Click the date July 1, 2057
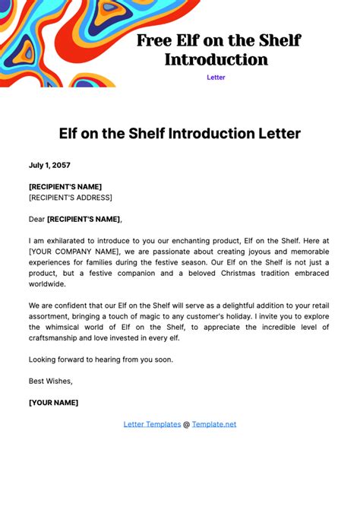[x=49, y=164]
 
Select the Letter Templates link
[x=152, y=424]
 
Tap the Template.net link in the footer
[x=214, y=424]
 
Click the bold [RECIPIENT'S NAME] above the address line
[x=65, y=186]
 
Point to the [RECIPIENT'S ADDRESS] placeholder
[x=71, y=198]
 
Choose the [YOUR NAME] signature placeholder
[x=53, y=402]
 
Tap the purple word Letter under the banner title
[x=216, y=78]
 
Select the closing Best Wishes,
[x=51, y=381]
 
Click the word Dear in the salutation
[x=36, y=219]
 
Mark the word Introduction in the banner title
[x=216, y=59]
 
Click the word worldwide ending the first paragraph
[x=47, y=284]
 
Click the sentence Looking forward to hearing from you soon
[x=101, y=360]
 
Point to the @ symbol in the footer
[x=187, y=424]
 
